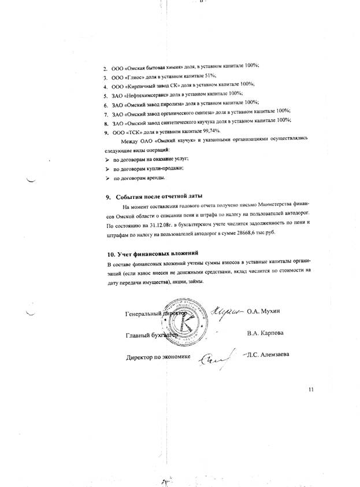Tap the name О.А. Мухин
[x=263, y=312]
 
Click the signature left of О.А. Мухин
[x=227, y=311]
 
